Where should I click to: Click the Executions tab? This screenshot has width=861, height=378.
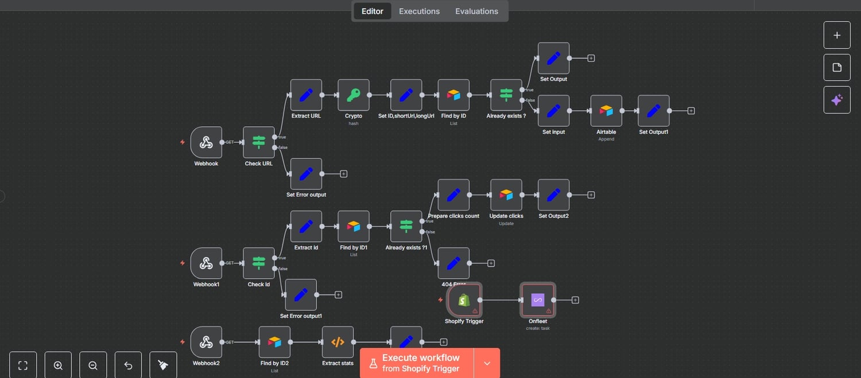click(419, 11)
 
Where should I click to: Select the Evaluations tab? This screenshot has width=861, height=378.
click(476, 11)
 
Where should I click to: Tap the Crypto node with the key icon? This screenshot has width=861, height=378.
click(354, 95)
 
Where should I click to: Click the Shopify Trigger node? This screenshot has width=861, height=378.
click(464, 299)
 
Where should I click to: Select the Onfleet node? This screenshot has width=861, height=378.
click(537, 299)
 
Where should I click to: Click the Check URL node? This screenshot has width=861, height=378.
click(259, 142)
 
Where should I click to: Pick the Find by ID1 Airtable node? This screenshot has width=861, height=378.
click(354, 227)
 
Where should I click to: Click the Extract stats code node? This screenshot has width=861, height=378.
click(338, 342)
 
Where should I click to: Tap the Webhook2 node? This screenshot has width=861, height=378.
click(206, 342)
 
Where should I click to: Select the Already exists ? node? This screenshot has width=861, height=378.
click(506, 95)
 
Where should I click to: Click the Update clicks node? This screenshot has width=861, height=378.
click(506, 195)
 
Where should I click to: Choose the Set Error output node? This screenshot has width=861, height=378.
click(306, 174)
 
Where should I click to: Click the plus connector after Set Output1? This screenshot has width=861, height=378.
click(691, 111)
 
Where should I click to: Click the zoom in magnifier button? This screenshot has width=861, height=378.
click(58, 365)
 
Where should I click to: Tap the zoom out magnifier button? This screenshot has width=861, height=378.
click(93, 365)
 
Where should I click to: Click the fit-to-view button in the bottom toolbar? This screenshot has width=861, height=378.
click(23, 365)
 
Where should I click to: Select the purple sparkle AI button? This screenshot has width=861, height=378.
click(836, 100)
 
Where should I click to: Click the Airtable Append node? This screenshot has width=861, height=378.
click(606, 111)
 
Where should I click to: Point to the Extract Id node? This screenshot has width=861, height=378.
click(306, 227)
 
